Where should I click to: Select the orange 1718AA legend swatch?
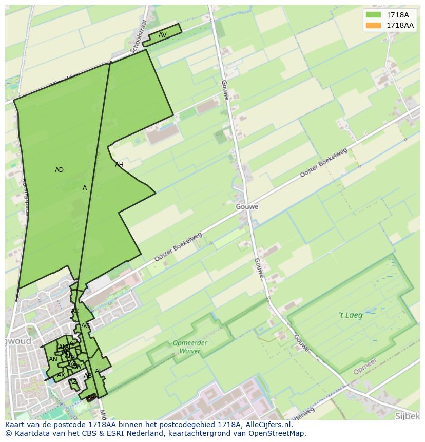373,25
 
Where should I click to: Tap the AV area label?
162,35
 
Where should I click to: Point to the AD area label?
59,170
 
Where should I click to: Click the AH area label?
119,165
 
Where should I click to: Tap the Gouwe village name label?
247,207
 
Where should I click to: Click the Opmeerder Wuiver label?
189,347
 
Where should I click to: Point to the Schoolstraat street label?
139,36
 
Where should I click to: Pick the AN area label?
53,359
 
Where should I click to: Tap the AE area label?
99,371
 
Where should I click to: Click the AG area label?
85,326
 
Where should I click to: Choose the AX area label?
61,375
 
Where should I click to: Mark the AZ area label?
73,381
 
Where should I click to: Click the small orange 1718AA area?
91,397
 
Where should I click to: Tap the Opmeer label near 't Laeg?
365,366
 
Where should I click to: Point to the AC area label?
75,311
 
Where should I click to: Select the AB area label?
88,376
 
